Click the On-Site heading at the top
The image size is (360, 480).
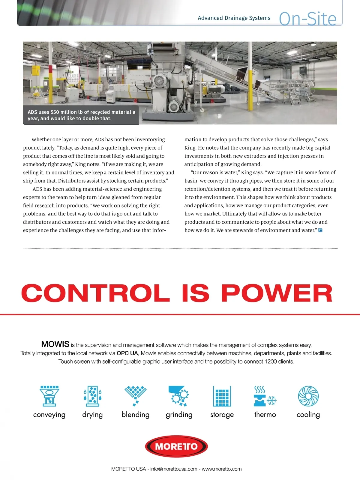coord(307,19)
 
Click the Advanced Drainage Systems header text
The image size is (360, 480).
coord(234,18)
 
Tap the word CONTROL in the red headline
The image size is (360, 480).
coord(95,293)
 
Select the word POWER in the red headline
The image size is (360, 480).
coord(277,293)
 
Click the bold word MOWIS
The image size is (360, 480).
coord(55,344)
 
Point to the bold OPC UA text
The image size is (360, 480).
coord(127,353)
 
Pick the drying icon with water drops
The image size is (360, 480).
coord(92,395)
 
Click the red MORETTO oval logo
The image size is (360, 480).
coord(176,446)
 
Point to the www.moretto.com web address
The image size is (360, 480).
coord(221,469)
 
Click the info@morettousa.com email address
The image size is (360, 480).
coord(174,469)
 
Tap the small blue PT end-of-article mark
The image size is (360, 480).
coord(320,230)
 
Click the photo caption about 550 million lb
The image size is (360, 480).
coord(81,115)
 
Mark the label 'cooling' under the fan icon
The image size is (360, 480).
coord(308,415)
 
